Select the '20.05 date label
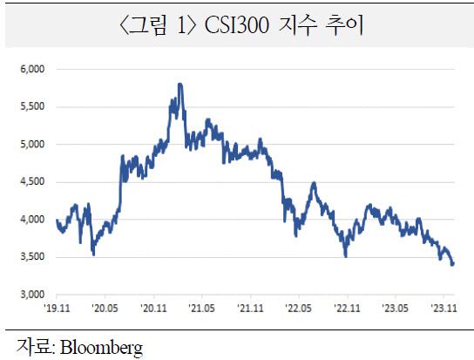[x=105, y=308]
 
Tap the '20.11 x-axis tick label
[x=153, y=308]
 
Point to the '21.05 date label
[x=202, y=308]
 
